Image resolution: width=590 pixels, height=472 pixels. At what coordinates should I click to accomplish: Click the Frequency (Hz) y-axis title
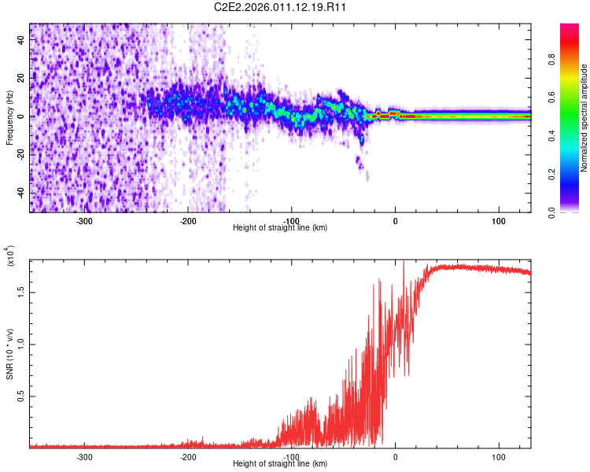click(9, 118)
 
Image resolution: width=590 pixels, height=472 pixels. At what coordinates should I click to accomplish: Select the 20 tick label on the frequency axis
click(22, 79)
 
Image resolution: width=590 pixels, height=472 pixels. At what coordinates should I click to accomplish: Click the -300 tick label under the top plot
click(85, 220)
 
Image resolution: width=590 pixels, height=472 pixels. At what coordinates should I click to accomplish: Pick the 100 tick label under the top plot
click(499, 220)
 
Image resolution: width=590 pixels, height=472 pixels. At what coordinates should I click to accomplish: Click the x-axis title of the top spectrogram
click(281, 228)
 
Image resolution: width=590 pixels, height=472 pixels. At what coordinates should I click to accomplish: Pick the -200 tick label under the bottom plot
click(188, 457)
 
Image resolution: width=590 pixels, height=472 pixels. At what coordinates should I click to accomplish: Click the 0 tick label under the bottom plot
click(396, 457)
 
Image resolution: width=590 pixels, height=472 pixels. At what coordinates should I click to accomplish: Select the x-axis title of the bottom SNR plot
click(281, 464)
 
